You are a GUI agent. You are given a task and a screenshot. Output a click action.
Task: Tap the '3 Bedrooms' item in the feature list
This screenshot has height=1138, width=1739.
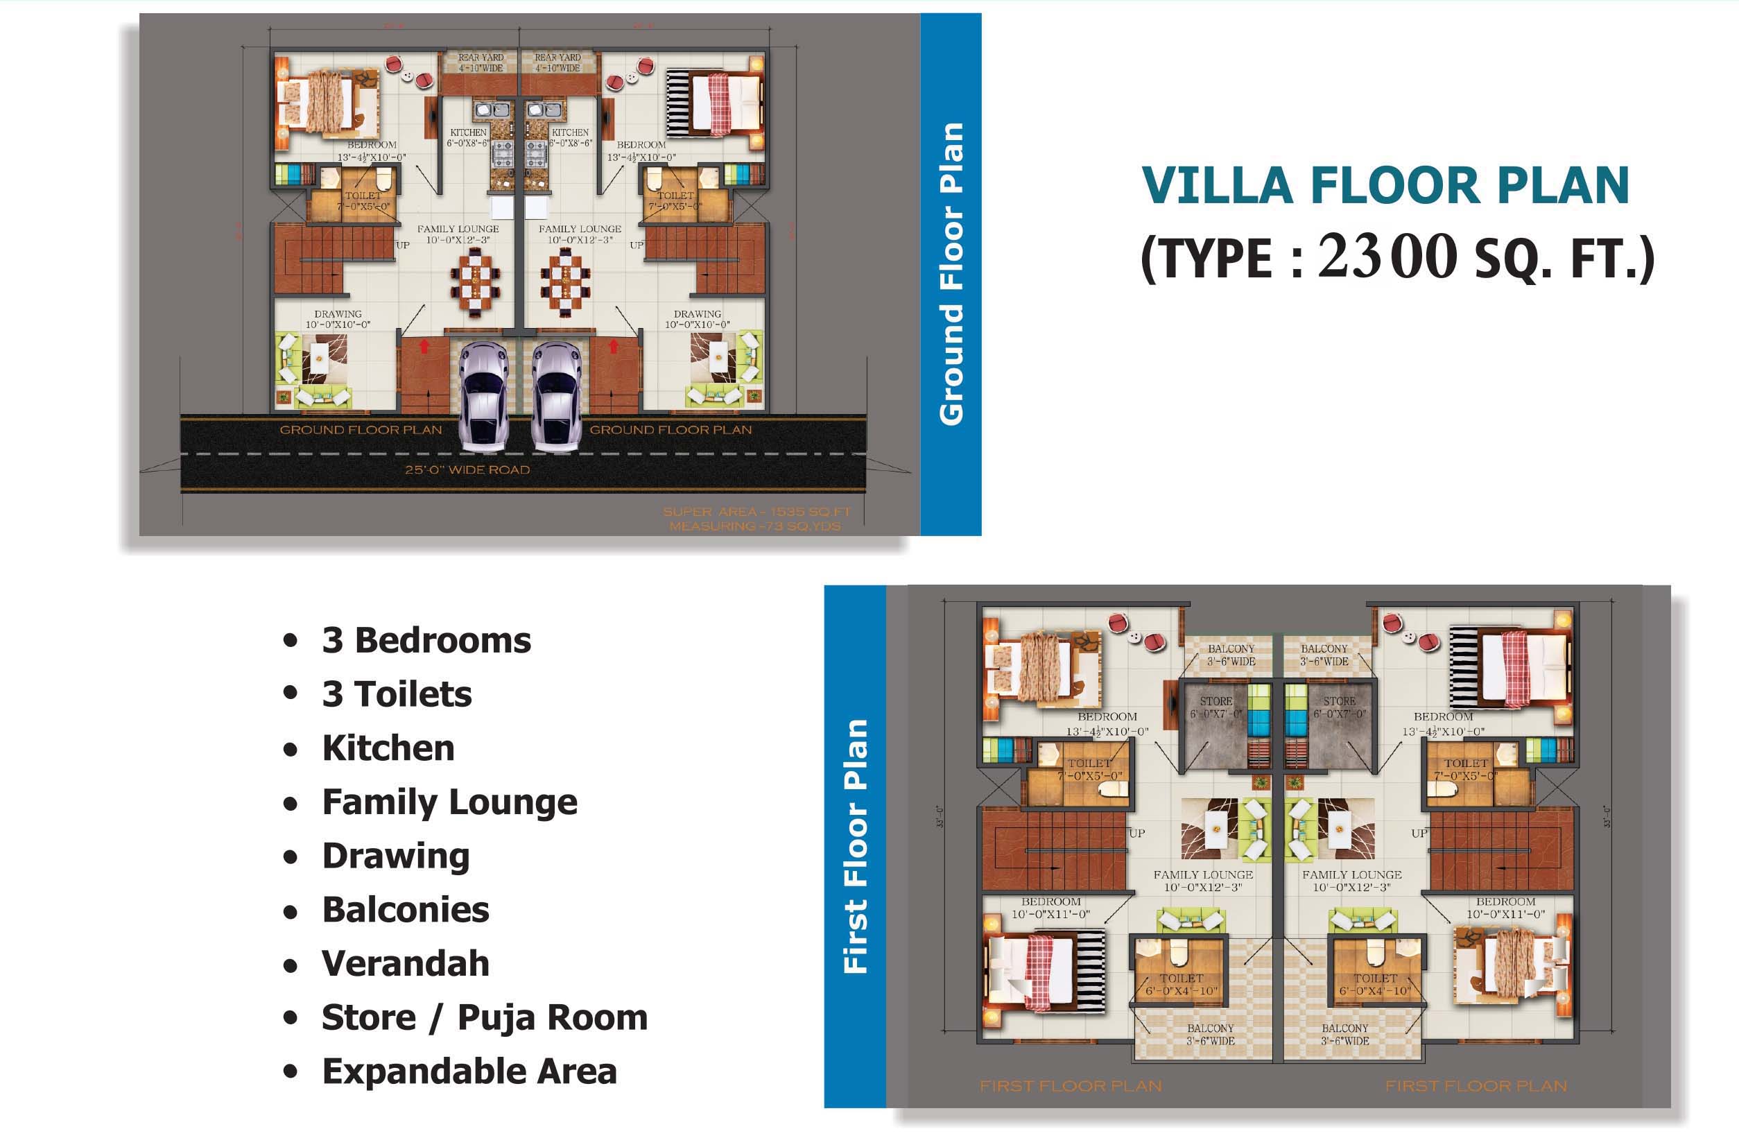pos(426,640)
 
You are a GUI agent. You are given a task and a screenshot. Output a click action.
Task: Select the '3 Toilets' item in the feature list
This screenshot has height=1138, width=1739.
pos(397,693)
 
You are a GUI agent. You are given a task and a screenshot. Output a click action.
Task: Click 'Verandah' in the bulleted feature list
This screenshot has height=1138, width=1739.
pos(406,963)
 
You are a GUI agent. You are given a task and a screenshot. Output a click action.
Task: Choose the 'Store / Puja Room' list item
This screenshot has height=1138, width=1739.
pos(485,1017)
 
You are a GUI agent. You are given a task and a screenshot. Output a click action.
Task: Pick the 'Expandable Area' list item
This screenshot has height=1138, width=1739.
pos(469,1071)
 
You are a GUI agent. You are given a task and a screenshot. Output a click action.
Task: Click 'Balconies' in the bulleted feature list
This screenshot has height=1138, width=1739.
pos(406,910)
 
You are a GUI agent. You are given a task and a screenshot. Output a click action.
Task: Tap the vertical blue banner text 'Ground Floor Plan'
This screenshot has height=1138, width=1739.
pos(951,274)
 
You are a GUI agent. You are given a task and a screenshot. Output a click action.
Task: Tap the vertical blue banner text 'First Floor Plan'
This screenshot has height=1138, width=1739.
pos(856,846)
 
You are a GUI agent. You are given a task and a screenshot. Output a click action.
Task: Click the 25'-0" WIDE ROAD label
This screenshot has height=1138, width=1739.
pos(467,470)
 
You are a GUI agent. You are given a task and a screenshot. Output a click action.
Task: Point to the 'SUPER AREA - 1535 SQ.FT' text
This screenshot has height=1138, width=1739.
pos(756,512)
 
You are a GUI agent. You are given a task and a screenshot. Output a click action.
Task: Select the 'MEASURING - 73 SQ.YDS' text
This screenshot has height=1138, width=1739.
pos(755,526)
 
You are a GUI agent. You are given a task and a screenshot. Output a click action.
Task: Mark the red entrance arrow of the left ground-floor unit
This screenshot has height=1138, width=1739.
pos(424,346)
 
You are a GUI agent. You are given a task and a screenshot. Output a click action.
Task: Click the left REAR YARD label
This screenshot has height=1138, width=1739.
pos(481,62)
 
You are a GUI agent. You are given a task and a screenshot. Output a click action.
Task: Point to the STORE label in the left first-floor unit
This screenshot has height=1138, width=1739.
pos(1215,701)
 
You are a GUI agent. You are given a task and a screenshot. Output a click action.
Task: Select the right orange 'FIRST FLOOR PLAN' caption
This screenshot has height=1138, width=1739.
pos(1476,1086)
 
